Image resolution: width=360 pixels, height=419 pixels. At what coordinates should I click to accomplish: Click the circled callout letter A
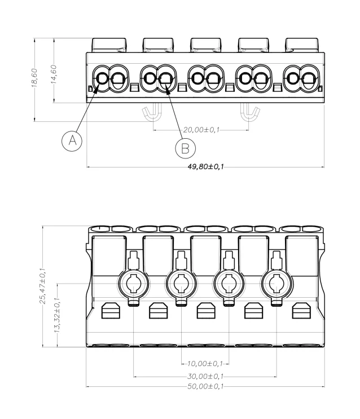(x=72, y=141)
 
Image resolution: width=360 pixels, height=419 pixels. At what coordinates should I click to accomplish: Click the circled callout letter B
(x=185, y=148)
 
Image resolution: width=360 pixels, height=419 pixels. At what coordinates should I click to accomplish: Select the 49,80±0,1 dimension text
(x=206, y=167)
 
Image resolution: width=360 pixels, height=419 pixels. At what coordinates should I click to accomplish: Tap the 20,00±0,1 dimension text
(x=201, y=130)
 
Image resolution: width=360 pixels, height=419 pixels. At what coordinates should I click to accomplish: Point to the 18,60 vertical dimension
(x=34, y=78)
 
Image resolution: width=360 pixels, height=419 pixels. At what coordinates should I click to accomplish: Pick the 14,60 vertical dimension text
(x=54, y=74)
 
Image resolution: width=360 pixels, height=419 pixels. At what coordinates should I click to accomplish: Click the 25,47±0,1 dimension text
(x=43, y=286)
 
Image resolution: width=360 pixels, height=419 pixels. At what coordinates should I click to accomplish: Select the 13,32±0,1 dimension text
(x=57, y=315)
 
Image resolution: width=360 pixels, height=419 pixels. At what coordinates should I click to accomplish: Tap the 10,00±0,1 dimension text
(x=205, y=364)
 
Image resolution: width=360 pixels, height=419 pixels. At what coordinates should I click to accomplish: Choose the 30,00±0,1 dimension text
(x=205, y=377)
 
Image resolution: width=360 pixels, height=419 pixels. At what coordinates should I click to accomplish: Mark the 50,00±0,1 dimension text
(x=205, y=386)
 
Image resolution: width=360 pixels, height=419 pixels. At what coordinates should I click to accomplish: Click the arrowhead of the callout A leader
(x=97, y=87)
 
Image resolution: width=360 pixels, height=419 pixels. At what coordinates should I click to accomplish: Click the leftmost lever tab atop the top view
(x=109, y=45)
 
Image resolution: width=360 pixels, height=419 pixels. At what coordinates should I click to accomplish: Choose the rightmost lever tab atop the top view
(x=302, y=45)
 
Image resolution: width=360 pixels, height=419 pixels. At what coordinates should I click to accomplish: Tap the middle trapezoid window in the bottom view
(x=206, y=311)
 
